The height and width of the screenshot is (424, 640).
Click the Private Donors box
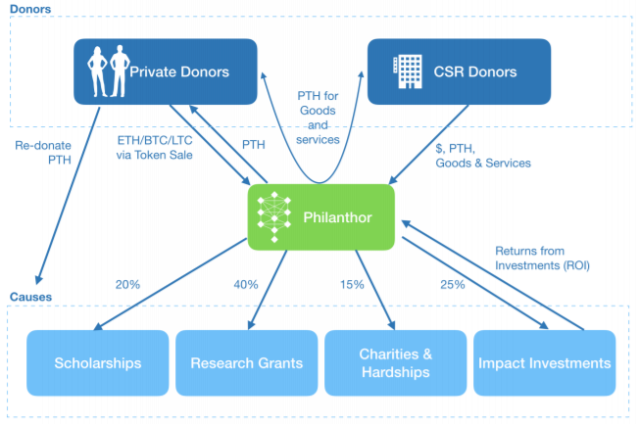(166, 71)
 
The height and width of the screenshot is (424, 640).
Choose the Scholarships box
(97, 363)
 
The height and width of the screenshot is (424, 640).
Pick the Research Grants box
(245, 363)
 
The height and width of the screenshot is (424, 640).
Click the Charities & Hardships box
(394, 363)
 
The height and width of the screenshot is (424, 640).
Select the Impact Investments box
(544, 363)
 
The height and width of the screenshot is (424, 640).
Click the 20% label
(127, 285)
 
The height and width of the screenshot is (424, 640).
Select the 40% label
(246, 285)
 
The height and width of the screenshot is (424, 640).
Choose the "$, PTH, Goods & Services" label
(483, 156)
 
